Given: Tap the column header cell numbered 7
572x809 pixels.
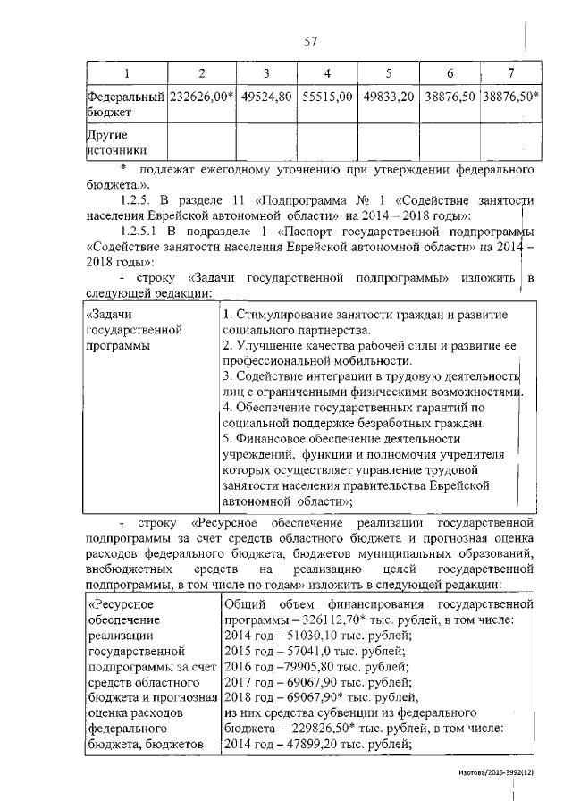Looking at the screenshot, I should (509, 72).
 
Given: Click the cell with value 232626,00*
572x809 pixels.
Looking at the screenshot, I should (202, 97).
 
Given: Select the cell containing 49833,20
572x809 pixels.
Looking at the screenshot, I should (388, 97).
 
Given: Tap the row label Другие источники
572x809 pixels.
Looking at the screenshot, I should (116, 143).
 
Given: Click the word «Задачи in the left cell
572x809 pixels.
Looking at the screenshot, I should (108, 315).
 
